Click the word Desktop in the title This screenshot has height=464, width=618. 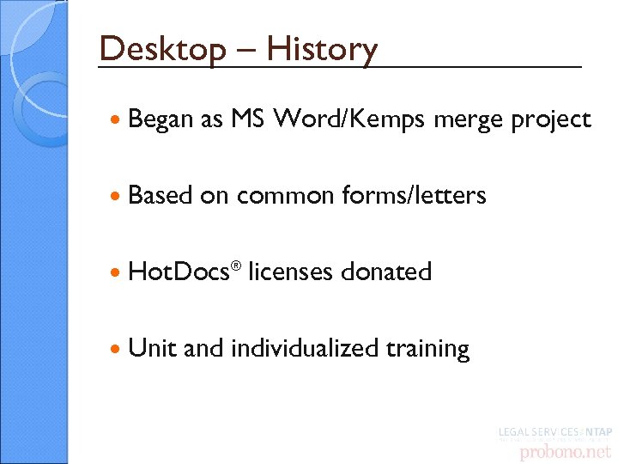161,49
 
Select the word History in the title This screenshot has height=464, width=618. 322,49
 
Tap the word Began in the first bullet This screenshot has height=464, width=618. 161,119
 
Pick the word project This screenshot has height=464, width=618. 551,120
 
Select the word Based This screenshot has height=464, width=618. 160,195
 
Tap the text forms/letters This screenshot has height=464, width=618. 414,195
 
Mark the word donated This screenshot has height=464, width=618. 386,272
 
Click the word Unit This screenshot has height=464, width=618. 153,348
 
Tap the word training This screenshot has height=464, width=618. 428,349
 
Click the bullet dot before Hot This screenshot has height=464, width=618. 116,272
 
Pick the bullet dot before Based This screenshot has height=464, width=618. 116,196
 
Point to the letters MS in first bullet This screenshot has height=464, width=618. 249,119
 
